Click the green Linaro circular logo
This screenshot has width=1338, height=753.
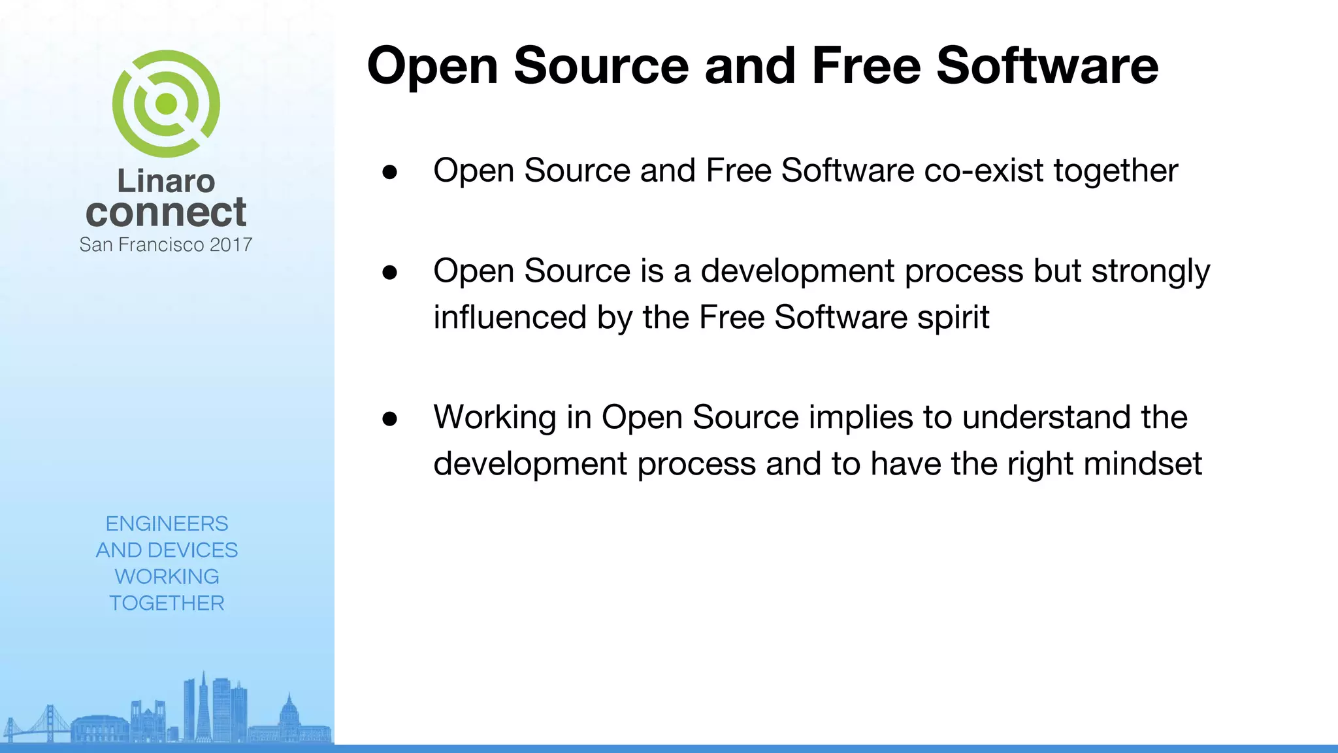pyautogui.click(x=166, y=104)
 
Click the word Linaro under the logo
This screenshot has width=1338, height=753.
pyautogui.click(x=166, y=181)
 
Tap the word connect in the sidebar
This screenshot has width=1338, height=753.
pyautogui.click(x=166, y=212)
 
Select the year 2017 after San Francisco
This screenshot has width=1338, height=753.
pyautogui.click(x=231, y=245)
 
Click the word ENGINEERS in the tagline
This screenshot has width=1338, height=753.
pyautogui.click(x=167, y=524)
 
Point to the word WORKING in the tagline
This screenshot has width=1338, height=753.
pyautogui.click(x=167, y=577)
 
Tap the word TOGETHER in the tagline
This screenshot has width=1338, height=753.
pyautogui.click(x=167, y=603)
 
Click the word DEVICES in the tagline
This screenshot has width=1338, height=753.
pyautogui.click(x=193, y=550)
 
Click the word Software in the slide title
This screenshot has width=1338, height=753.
pyautogui.click(x=1047, y=66)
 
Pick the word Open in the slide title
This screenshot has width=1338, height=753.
pyautogui.click(x=432, y=67)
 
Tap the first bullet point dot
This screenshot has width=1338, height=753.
pyautogui.click(x=390, y=172)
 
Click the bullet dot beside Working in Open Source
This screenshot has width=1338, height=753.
pyautogui.click(x=390, y=418)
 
